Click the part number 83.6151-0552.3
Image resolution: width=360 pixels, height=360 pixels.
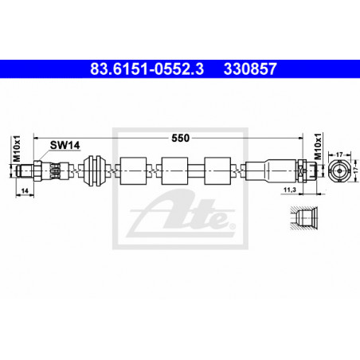click(x=147, y=69)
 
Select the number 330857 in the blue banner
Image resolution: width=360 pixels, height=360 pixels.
click(x=250, y=69)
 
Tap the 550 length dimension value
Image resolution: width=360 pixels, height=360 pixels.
click(x=180, y=138)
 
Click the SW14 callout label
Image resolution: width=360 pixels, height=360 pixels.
click(x=65, y=145)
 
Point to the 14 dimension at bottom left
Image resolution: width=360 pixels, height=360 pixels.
click(x=25, y=190)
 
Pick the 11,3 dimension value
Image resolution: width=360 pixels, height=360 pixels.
click(x=290, y=190)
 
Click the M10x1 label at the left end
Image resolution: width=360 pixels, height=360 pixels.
click(x=17, y=149)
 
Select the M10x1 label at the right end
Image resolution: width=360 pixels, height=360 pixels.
click(x=318, y=147)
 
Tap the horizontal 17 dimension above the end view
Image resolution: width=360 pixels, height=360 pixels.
click(x=339, y=155)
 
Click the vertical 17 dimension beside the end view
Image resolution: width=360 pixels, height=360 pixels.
click(x=356, y=170)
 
